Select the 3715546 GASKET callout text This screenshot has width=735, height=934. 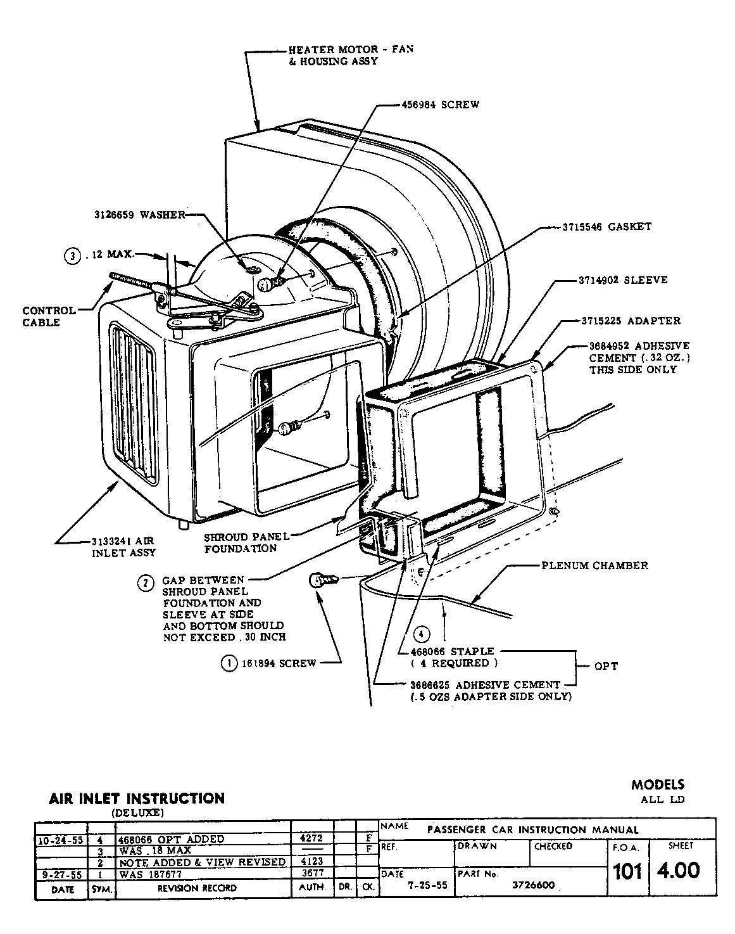point(606,226)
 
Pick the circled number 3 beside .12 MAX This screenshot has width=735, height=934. point(73,257)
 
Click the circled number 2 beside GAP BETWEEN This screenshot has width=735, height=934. point(146,583)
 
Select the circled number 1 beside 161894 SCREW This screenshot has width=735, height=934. point(227,663)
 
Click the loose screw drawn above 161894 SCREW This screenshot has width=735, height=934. point(323,580)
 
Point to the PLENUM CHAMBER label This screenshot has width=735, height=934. point(594,565)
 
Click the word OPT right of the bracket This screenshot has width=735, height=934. point(606,666)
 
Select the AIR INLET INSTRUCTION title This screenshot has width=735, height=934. point(137,798)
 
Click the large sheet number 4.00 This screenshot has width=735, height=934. point(679,871)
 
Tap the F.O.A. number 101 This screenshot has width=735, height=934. point(627,872)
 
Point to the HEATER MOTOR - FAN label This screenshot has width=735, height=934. point(350,49)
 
